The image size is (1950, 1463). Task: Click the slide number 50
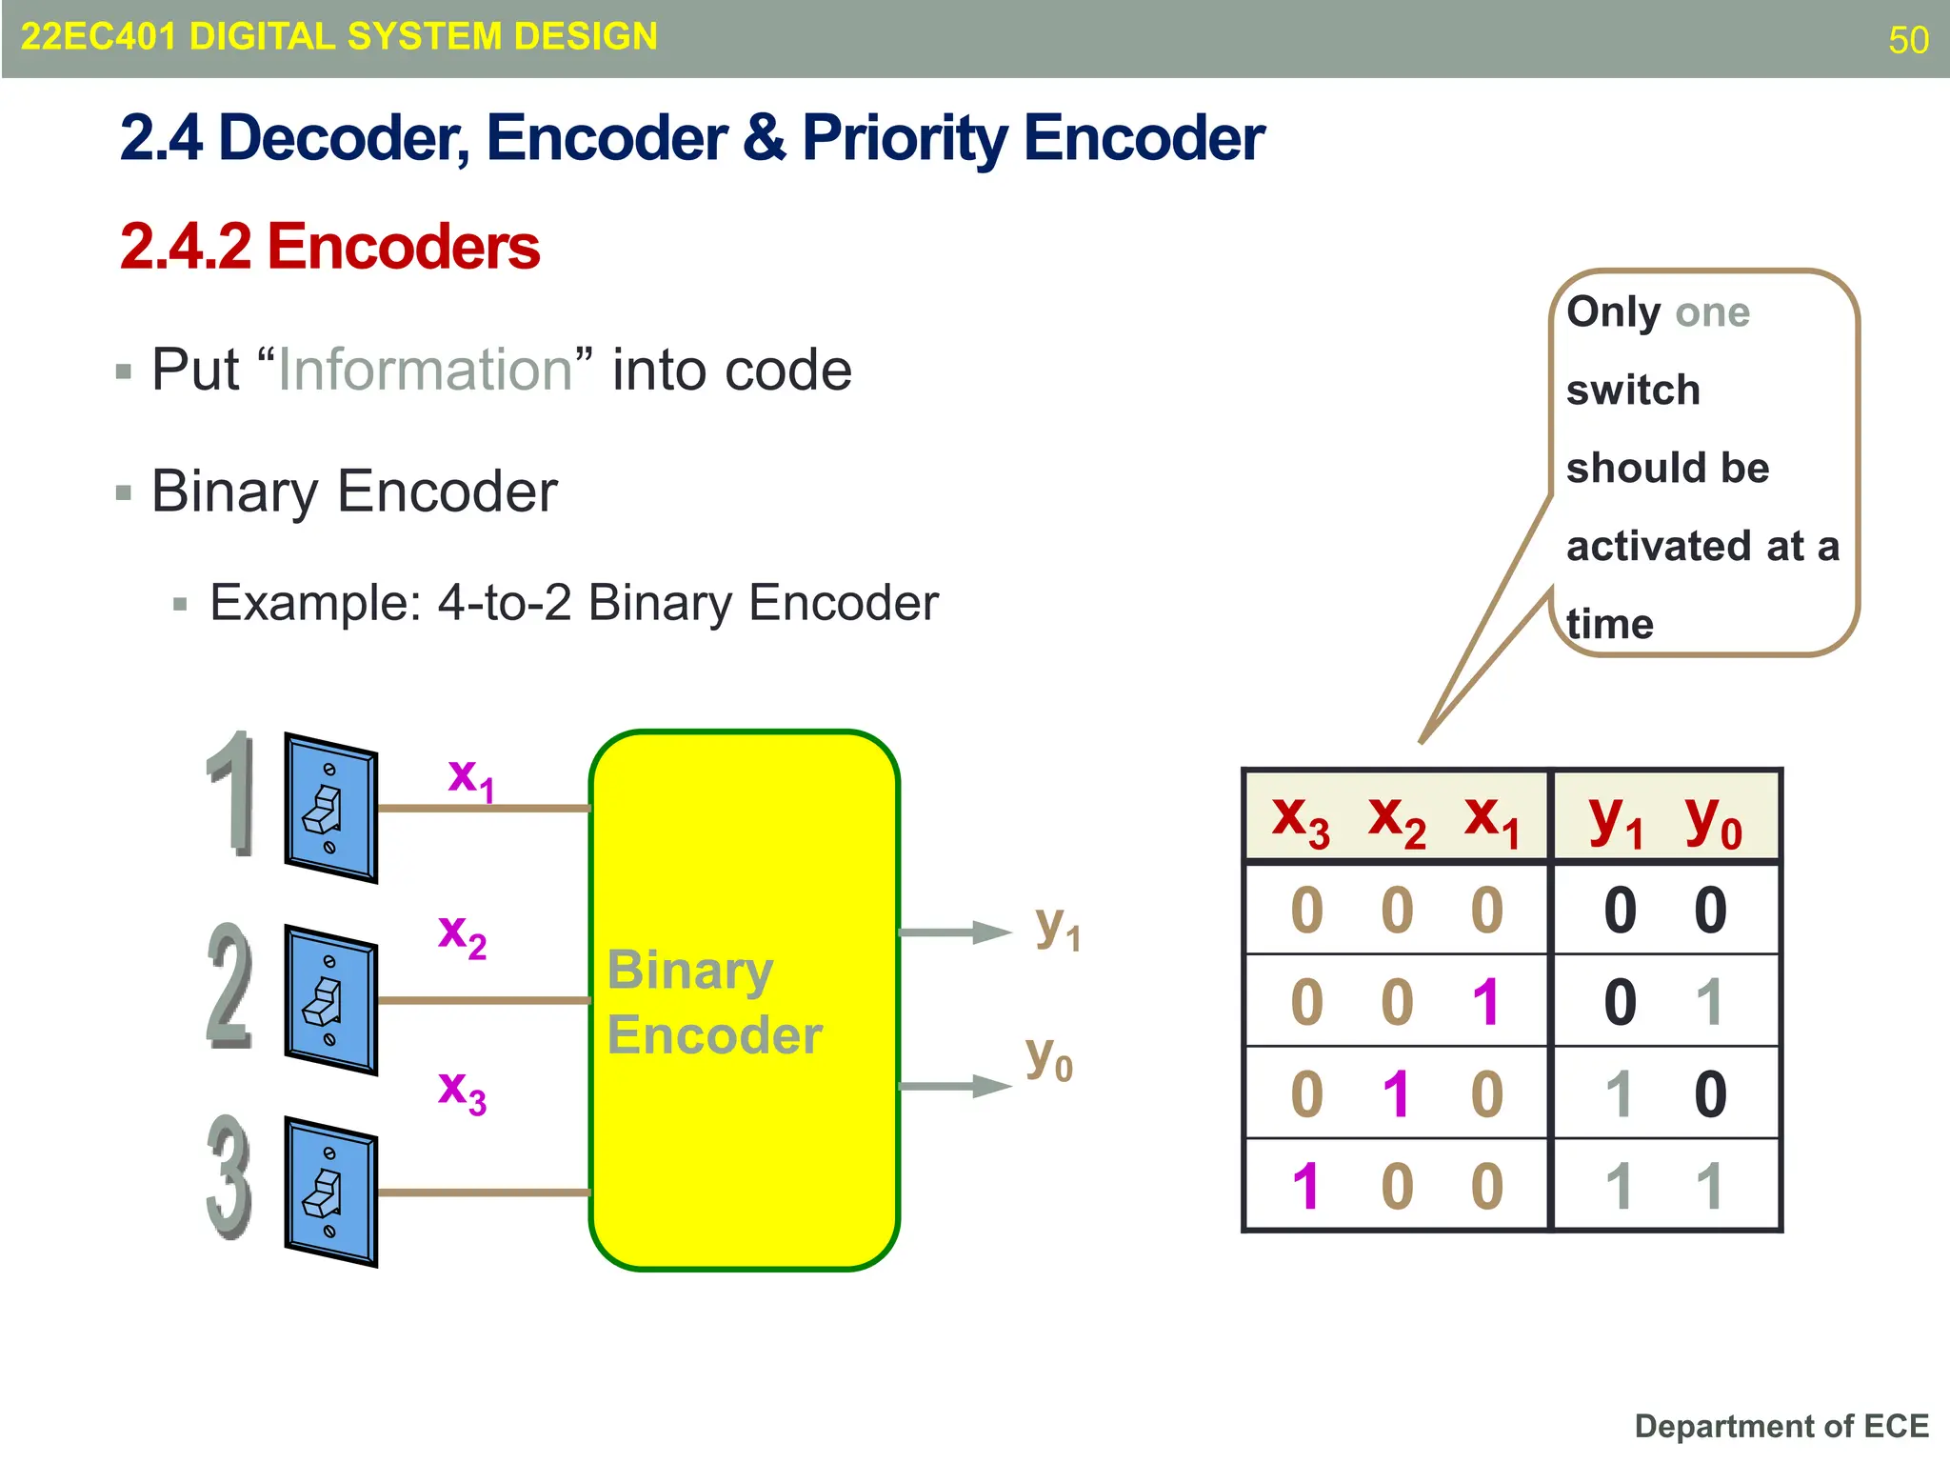1908,40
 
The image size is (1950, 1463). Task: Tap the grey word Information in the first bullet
425,370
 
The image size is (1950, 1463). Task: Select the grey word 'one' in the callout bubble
1712,313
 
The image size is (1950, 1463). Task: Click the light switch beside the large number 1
330,808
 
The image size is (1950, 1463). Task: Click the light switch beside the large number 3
330,1192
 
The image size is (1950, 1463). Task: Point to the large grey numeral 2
229,987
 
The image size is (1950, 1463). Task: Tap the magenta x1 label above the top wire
471,779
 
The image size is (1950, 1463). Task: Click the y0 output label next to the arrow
1049,1058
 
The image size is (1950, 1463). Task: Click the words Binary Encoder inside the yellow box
714,1002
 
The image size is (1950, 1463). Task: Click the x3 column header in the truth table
1301,819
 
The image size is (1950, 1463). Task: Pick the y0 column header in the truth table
1713,819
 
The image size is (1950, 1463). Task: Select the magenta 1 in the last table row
1305,1187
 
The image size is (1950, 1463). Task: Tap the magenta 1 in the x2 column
1396,1094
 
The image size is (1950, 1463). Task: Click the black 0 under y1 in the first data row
1620,911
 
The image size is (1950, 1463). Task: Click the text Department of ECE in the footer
1781,1426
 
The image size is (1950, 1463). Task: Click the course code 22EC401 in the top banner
98,37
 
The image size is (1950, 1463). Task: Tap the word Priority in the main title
904,139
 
